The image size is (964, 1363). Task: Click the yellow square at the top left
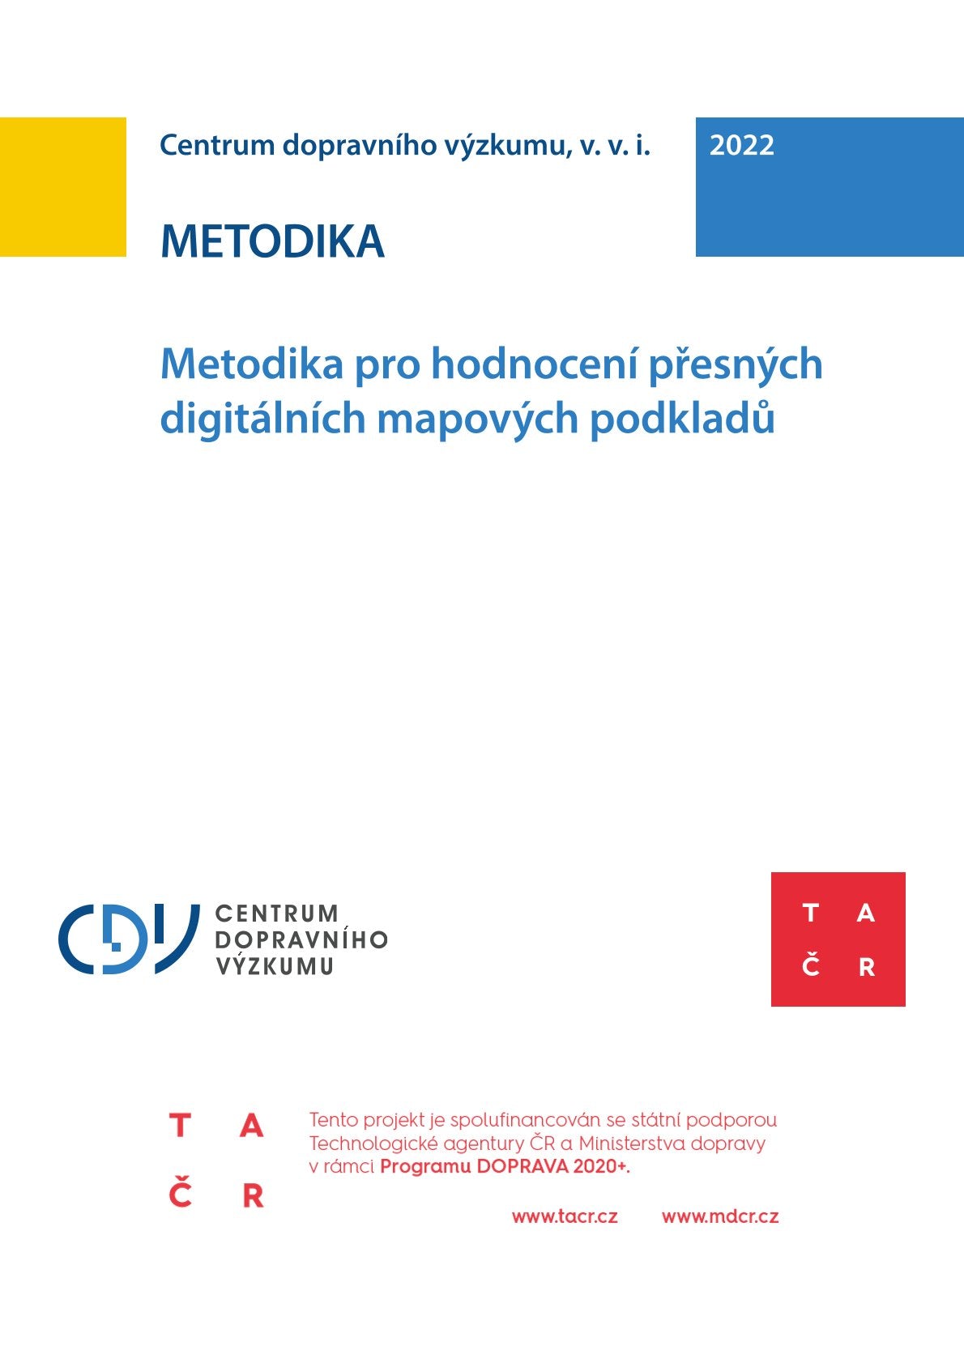(x=62, y=186)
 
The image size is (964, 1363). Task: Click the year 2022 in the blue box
(x=741, y=146)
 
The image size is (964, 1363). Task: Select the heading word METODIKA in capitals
(x=272, y=241)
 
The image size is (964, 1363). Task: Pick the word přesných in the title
(x=735, y=364)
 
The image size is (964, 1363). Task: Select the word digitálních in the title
(x=262, y=419)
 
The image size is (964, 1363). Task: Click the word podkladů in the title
(x=682, y=419)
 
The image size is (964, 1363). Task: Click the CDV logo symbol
(x=128, y=939)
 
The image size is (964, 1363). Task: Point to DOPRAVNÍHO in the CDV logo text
(x=301, y=939)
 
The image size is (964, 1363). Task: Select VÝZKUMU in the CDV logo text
(x=275, y=965)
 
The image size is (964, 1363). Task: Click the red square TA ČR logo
(x=838, y=939)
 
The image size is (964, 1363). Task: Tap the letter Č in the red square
(x=811, y=965)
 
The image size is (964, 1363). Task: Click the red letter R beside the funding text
(x=253, y=1195)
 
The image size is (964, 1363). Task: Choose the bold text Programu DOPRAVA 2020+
(x=505, y=1167)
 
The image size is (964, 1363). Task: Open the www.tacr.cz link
(x=565, y=1216)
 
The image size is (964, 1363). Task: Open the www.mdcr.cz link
(x=720, y=1216)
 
